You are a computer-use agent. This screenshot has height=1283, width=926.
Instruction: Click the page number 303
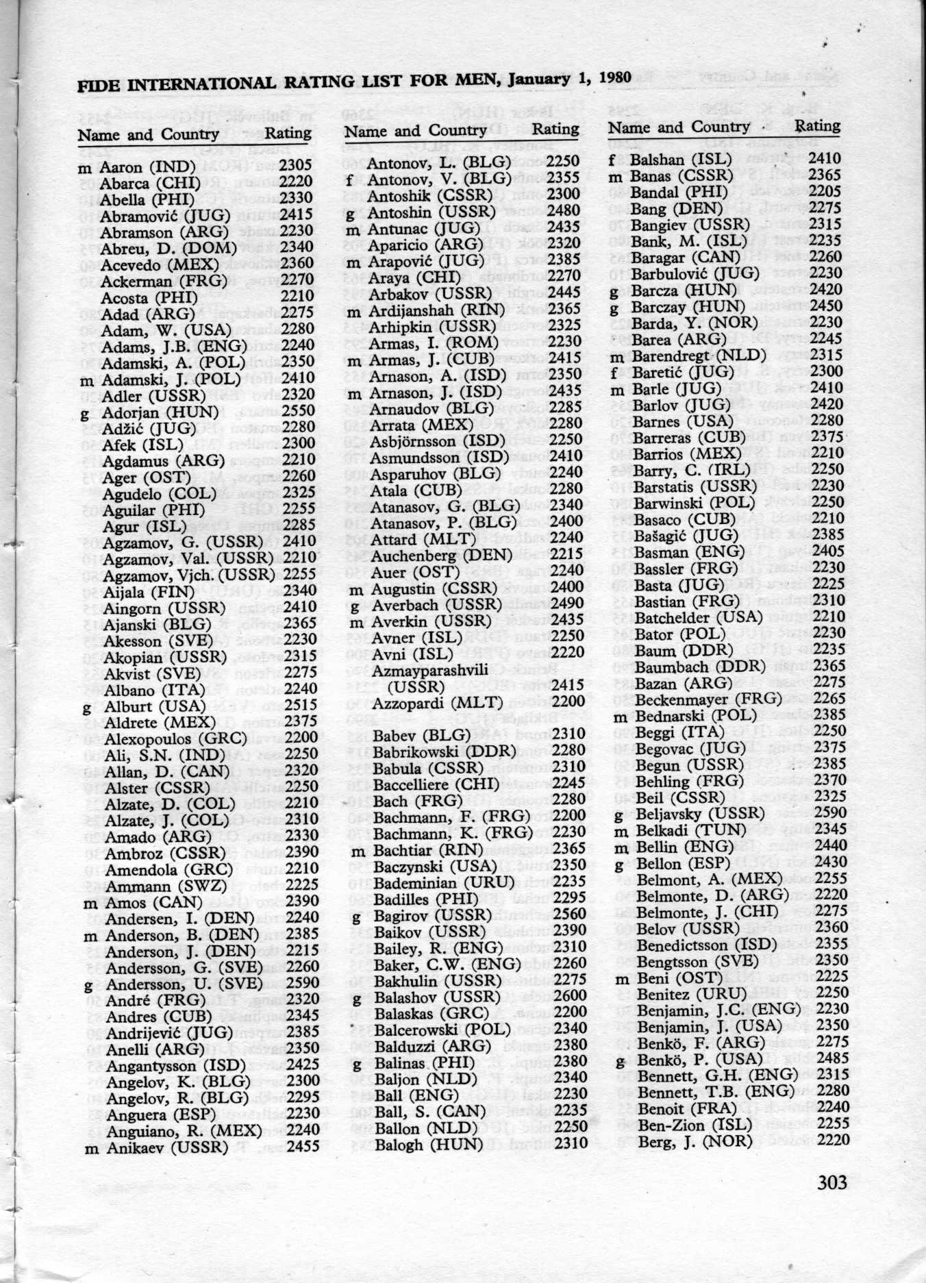pyautogui.click(x=831, y=1182)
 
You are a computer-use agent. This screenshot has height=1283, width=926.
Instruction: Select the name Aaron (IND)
pyautogui.click(x=147, y=166)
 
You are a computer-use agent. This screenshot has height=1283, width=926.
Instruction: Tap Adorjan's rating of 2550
pyautogui.click(x=298, y=412)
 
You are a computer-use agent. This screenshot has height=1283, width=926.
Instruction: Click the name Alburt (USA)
pyautogui.click(x=153, y=706)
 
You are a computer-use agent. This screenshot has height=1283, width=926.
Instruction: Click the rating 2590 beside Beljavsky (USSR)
pyautogui.click(x=827, y=813)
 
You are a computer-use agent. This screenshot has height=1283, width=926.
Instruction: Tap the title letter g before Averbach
pyautogui.click(x=355, y=606)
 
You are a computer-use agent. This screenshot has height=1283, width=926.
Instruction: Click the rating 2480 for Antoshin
pyautogui.click(x=563, y=211)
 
